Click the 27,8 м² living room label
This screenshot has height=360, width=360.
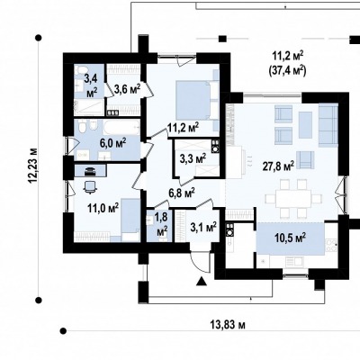pyautogui.click(x=278, y=166)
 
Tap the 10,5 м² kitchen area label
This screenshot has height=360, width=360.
pyautogui.click(x=291, y=238)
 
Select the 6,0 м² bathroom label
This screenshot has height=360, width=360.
pyautogui.click(x=112, y=143)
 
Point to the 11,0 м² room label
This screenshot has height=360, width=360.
pyautogui.click(x=103, y=208)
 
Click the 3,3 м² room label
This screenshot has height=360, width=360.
pyautogui.click(x=193, y=158)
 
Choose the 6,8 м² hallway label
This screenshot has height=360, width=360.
pyautogui.click(x=182, y=193)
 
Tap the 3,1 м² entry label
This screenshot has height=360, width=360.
pyautogui.click(x=203, y=227)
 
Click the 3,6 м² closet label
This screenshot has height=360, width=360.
pyautogui.click(x=127, y=89)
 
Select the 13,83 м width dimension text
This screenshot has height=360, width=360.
pyautogui.click(x=227, y=325)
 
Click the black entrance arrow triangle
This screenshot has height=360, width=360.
pyautogui.click(x=202, y=282)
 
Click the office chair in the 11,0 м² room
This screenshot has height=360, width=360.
pyautogui.click(x=90, y=186)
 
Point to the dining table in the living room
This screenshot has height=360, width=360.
pyautogui.click(x=293, y=199)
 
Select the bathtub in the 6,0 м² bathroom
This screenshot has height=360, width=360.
pyautogui.click(x=121, y=129)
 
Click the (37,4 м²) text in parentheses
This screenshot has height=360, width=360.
pyautogui.click(x=286, y=71)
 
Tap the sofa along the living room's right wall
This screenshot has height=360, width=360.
pyautogui.click(x=328, y=125)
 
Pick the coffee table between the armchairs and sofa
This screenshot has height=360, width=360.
pyautogui.click(x=305, y=121)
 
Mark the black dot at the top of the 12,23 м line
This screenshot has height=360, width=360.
pyautogui.click(x=39, y=38)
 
